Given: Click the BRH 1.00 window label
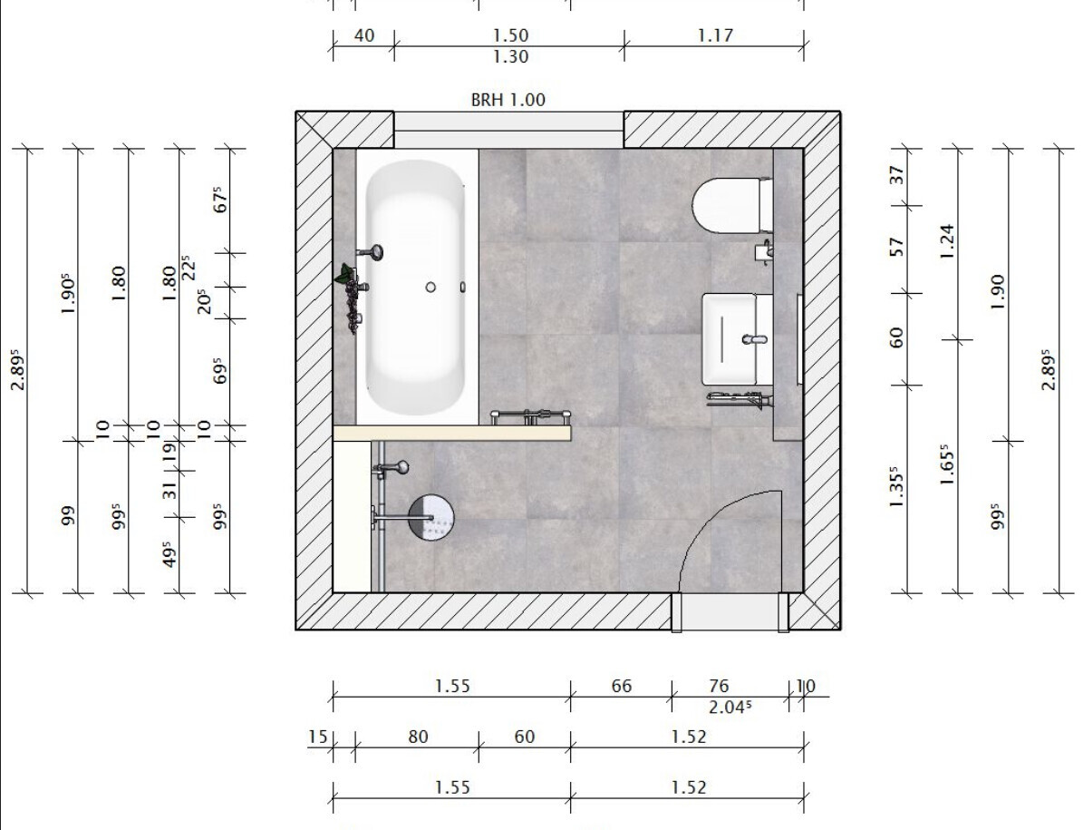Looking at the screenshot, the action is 508,100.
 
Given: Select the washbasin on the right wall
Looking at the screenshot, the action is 737,338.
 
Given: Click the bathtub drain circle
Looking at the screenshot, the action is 430,287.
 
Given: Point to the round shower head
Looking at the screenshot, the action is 431,518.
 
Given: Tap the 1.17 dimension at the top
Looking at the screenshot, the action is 714,35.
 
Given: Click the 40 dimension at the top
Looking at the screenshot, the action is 363,35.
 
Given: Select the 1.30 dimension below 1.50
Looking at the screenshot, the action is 510,56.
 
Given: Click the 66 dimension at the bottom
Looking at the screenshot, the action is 621,686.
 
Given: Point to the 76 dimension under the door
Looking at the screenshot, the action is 719,686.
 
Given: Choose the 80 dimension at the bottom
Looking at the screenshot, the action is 417,737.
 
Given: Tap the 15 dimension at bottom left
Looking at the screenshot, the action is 317,737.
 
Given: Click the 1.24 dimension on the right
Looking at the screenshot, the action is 947,241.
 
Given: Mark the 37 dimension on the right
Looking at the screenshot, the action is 896,176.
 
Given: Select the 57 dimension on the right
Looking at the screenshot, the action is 896,247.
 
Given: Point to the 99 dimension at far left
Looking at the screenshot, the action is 68,516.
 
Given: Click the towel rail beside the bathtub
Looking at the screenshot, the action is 530,416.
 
